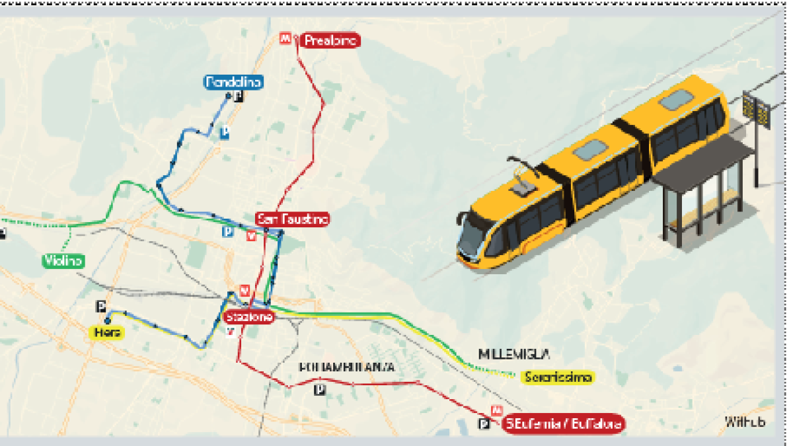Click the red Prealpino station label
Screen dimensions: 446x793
tap(331, 40)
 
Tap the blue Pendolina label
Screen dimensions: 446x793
tap(234, 82)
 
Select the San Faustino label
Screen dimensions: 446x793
tap(293, 219)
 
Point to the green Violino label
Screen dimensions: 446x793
tap(63, 261)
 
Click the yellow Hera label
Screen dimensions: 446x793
tap(106, 332)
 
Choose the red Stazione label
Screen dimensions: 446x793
tap(249, 317)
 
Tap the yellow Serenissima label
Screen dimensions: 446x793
tap(557, 377)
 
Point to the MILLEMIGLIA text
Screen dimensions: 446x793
tap(515, 354)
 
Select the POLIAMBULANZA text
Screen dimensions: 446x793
tap(346, 367)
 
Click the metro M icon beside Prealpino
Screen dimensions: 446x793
tap(285, 39)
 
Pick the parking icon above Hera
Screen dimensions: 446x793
tap(101, 306)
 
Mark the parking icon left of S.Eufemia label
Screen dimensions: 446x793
tap(485, 424)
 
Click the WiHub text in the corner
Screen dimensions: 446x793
tap(745, 422)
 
